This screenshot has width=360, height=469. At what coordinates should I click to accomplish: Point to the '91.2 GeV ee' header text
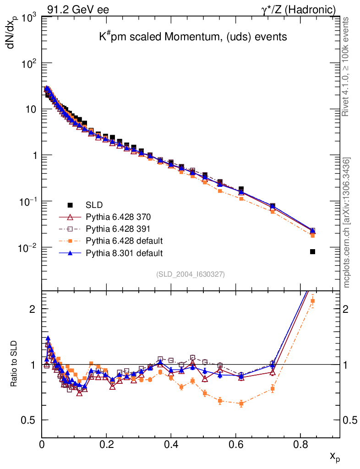[78, 9]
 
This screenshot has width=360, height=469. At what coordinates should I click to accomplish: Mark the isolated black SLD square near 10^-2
[312, 251]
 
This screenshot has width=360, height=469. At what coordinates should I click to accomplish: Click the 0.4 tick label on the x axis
[171, 444]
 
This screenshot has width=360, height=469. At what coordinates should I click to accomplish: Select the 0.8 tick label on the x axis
[300, 444]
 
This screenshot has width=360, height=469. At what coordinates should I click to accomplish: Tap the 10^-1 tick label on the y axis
[26, 202]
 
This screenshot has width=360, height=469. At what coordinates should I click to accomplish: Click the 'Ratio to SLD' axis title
[14, 364]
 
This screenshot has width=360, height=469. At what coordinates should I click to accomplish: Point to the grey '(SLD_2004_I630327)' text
[191, 274]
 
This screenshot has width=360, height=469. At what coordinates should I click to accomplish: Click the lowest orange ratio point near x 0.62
[241, 404]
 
